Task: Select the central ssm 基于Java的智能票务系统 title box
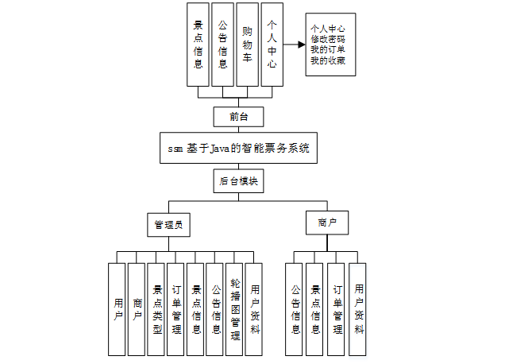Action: pyautogui.click(x=238, y=149)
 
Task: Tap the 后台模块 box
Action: pyautogui.click(x=238, y=181)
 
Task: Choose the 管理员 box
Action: pyautogui.click(x=169, y=225)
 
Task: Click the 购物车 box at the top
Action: pyautogui.click(x=247, y=45)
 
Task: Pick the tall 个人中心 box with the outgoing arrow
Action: pyautogui.click(x=272, y=45)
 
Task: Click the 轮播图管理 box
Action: pyautogui.click(x=234, y=308)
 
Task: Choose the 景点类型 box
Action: pyautogui.click(x=157, y=308)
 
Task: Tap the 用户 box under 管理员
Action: pyautogui.click(x=118, y=308)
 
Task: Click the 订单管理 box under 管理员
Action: pyautogui.click(x=176, y=308)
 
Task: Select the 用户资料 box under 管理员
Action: pyautogui.click(x=254, y=308)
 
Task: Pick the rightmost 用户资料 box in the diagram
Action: pyautogui.click(x=358, y=308)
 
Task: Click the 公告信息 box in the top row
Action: pyautogui.click(x=222, y=45)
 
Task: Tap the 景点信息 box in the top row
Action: pyautogui.click(x=198, y=45)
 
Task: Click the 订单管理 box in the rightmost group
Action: pyautogui.click(x=337, y=308)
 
